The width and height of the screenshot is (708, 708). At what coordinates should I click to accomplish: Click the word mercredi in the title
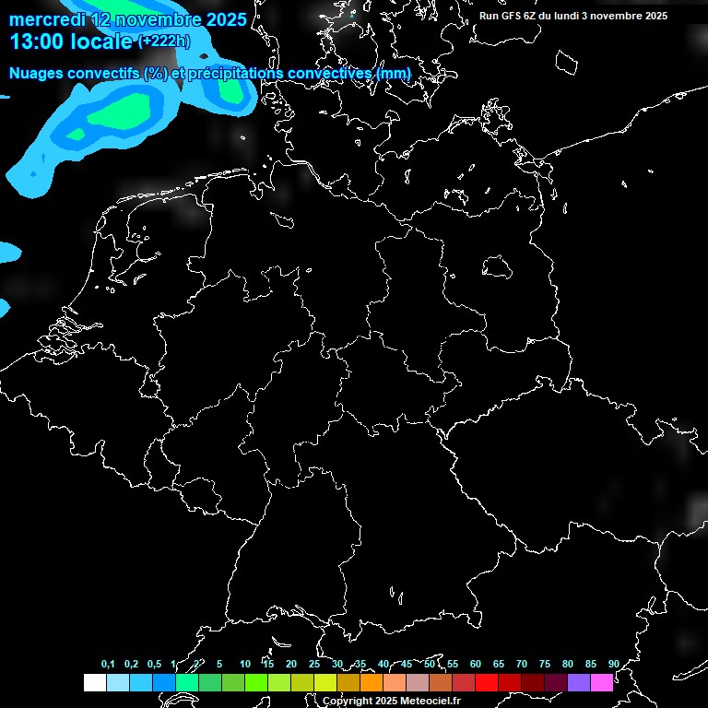(47, 20)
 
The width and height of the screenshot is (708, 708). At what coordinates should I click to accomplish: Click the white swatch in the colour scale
(94, 682)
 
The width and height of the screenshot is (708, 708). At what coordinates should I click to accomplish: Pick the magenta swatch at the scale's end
(602, 682)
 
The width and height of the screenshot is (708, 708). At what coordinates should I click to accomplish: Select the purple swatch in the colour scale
(579, 682)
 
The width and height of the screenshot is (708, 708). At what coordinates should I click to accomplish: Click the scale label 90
(613, 664)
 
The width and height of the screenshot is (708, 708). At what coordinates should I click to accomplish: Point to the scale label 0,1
(108, 664)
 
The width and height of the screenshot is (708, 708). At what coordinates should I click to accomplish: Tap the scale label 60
(475, 664)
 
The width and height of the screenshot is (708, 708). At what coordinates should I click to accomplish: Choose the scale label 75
(544, 664)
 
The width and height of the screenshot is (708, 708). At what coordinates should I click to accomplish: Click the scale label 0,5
(154, 664)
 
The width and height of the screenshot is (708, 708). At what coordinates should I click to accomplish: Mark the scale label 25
(313, 664)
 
